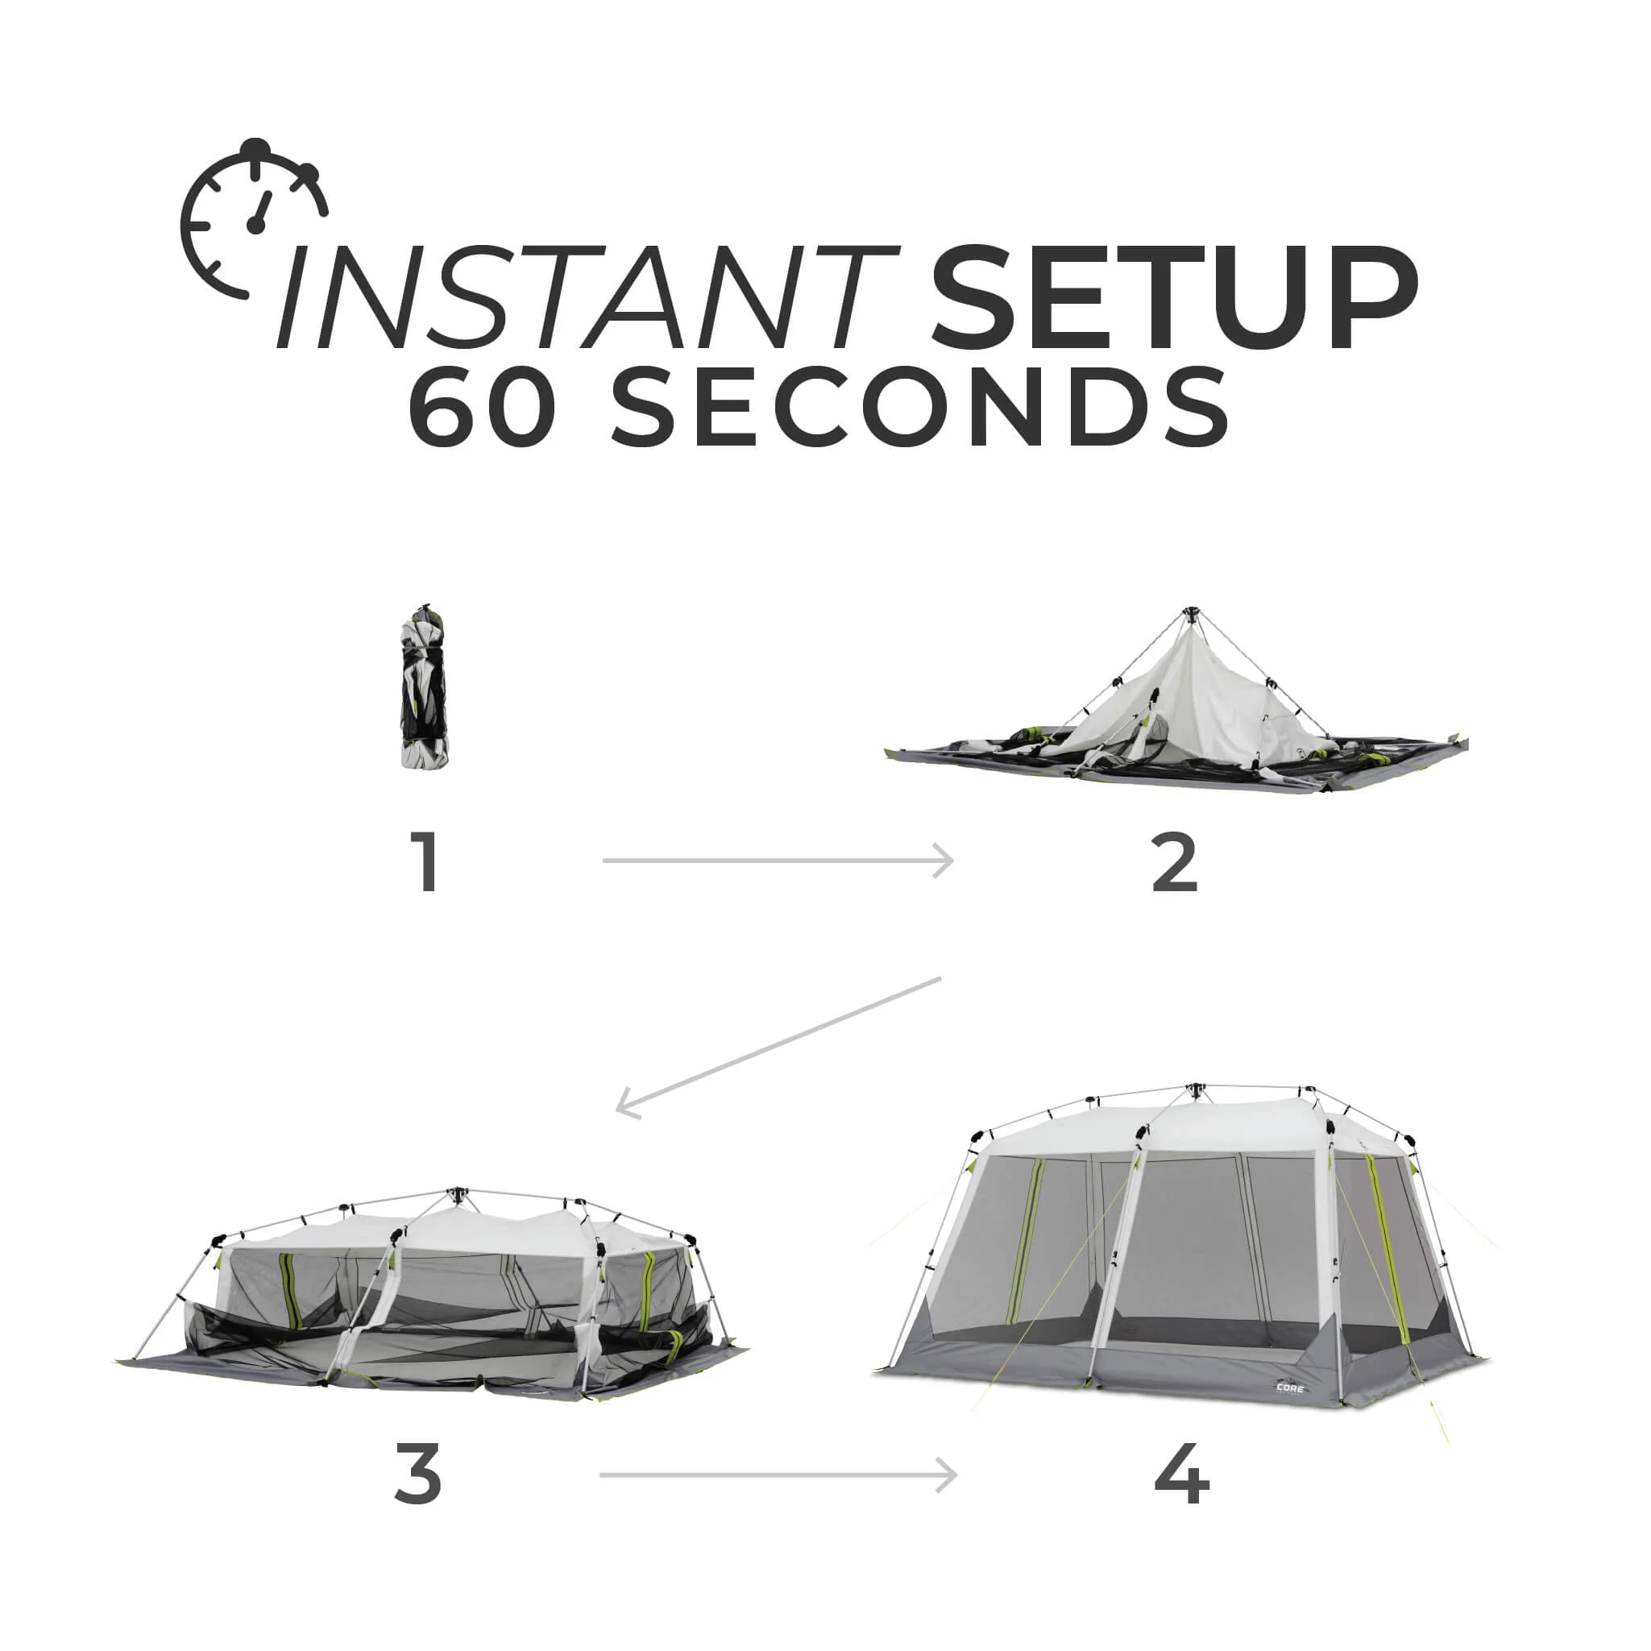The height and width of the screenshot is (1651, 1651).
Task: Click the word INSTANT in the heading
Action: point(587,297)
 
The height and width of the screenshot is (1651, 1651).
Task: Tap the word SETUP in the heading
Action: point(1175,297)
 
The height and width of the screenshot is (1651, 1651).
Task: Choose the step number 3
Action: point(418,1474)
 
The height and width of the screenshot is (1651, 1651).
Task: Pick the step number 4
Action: point(1182,1474)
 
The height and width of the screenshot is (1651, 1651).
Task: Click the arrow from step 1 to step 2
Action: point(778,861)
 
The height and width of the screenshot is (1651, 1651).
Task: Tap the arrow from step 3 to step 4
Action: point(778,1474)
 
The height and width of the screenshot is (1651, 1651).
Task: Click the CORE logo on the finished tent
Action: point(1289,1388)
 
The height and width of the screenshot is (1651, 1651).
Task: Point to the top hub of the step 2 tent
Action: point(1190,613)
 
